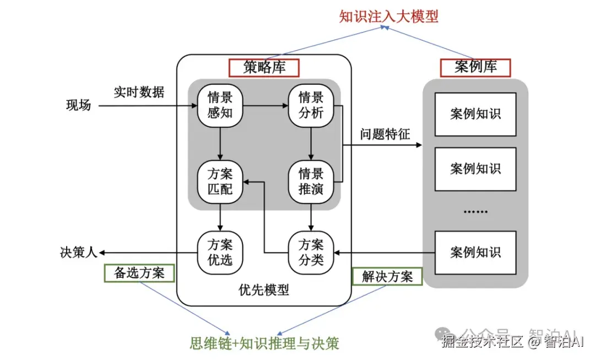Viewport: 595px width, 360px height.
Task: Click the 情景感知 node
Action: pos(220,105)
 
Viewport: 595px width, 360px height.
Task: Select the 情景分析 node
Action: pos(311,105)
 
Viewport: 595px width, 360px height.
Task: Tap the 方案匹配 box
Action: pos(220,181)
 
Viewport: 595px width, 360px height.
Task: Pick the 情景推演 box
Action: pos(311,181)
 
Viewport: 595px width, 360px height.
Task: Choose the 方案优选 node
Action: pos(220,252)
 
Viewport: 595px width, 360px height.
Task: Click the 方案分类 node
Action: pos(311,252)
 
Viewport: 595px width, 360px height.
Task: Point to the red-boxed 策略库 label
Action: pos(264,68)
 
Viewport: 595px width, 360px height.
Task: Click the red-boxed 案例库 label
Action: pos(475,67)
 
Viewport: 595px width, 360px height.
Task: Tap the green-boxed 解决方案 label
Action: pos(387,276)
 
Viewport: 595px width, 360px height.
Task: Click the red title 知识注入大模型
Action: pos(388,17)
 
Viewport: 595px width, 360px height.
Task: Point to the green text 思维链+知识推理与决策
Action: pos(264,343)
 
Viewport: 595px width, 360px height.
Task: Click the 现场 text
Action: pos(78,105)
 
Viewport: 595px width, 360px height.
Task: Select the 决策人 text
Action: pos(78,252)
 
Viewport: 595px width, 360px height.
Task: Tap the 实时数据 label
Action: pos(139,92)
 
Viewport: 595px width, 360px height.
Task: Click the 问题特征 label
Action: pos(385,134)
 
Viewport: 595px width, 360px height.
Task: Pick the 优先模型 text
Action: pos(264,289)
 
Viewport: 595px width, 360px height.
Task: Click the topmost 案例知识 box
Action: pos(475,114)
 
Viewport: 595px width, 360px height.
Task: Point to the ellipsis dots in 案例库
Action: pos(475,211)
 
